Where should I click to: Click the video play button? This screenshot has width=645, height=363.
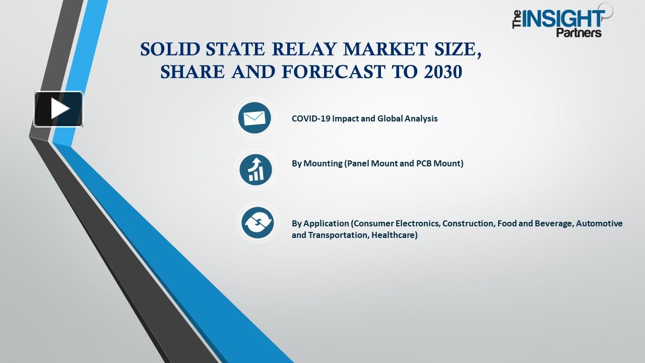[58, 109]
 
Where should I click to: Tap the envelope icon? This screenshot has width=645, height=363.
[254, 118]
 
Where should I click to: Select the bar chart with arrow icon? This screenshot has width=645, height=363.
[256, 169]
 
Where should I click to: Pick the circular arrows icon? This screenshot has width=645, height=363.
[257, 222]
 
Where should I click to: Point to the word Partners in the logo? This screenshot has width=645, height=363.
[578, 33]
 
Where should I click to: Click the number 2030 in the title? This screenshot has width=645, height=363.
[443, 73]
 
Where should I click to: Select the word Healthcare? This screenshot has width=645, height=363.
[394, 235]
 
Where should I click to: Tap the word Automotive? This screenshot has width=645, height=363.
[599, 223]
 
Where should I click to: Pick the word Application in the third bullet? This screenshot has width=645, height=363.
[326, 223]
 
